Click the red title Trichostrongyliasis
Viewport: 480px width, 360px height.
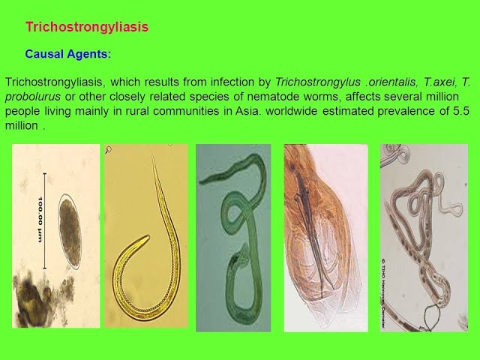[x=87, y=27]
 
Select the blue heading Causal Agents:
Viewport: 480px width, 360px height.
[x=68, y=54]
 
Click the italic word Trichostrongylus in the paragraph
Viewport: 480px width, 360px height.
[x=317, y=82]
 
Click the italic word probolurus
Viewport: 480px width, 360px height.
[x=33, y=97]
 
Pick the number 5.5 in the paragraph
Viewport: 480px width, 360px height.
[x=461, y=110]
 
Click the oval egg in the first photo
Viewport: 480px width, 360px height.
[x=70, y=232]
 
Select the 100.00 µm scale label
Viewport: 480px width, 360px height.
[x=40, y=220]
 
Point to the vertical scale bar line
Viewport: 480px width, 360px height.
[x=45, y=221]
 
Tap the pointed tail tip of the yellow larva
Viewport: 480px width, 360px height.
[x=153, y=158]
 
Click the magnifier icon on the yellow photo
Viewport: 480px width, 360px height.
[x=108, y=150]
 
